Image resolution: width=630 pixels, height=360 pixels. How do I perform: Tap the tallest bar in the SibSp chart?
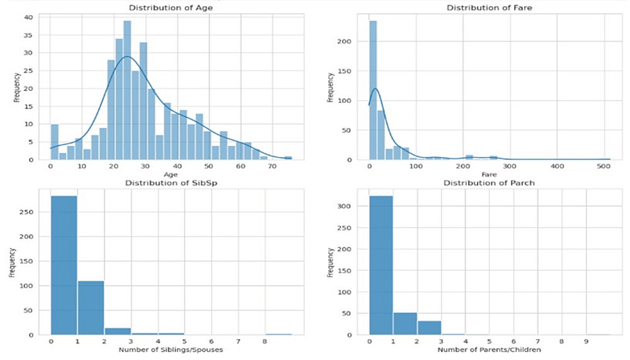64,265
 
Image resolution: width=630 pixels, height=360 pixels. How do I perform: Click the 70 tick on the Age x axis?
272,168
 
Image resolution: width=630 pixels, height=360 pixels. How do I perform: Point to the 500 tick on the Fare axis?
604,168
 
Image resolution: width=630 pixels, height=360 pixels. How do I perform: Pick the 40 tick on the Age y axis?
39,18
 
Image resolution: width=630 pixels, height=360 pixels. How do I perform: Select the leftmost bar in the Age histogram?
54,142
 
